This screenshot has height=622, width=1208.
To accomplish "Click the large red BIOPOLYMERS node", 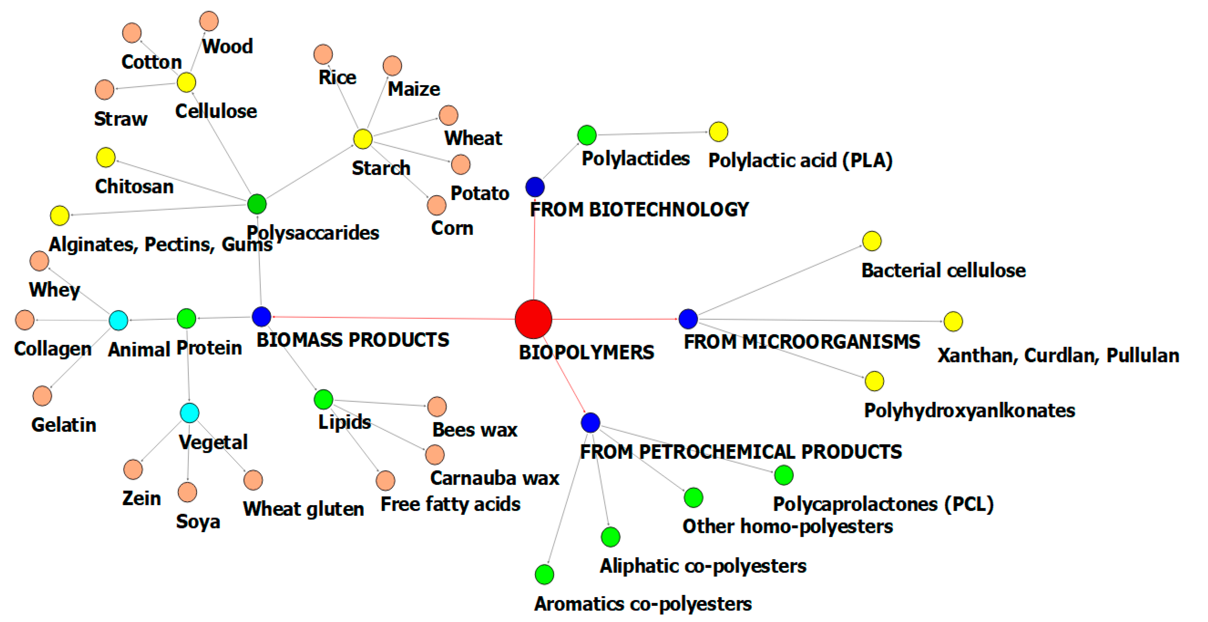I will point(533,319).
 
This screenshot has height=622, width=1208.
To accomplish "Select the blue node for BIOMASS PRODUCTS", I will point(261,317).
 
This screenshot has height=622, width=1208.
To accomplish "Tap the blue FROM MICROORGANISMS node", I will point(688,319).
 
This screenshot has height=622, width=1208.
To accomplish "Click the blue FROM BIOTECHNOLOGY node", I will point(534,187).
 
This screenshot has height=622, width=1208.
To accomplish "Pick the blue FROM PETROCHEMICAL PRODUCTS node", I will point(590,423).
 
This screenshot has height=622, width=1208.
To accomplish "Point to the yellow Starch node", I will point(362,139).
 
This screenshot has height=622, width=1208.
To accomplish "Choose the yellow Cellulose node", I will point(186,83).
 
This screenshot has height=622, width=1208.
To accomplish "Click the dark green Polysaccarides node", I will point(256,204).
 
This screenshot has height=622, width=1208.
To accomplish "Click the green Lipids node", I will point(323,399).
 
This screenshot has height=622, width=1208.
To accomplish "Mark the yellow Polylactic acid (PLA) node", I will point(718,132).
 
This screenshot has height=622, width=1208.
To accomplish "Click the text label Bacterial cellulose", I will point(943,271).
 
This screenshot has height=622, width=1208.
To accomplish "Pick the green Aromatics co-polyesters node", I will point(544,574).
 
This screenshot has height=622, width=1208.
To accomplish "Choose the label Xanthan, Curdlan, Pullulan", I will point(1058,356).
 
